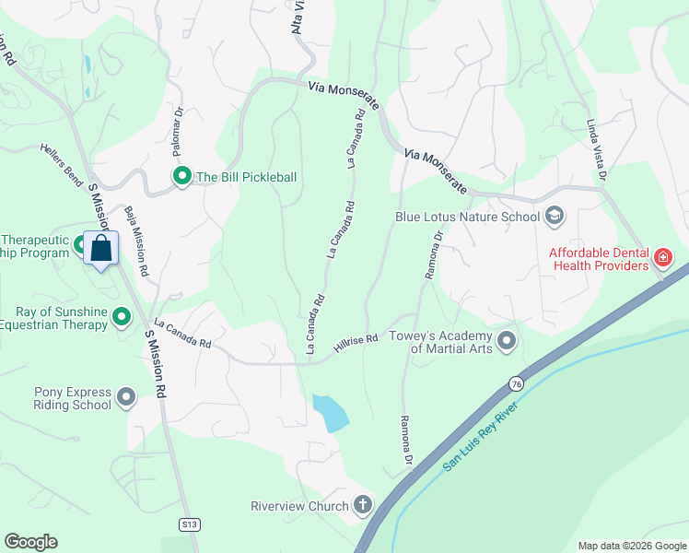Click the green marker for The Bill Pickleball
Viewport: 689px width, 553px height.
tap(182, 176)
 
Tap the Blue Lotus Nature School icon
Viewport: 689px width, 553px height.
tap(555, 217)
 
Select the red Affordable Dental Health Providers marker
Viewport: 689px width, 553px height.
tap(662, 257)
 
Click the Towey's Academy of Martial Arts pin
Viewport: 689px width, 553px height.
tap(507, 342)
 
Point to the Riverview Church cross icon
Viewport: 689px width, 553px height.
tap(363, 505)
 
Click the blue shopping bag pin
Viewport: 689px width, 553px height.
tap(101, 248)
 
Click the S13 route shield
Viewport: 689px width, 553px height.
tap(189, 524)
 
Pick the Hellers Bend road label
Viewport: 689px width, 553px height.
tap(62, 165)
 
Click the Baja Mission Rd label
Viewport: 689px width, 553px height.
tap(136, 241)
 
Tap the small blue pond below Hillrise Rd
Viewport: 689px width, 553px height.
tap(331, 412)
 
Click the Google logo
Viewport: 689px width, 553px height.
tap(30, 542)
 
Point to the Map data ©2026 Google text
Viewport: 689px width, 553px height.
tap(631, 546)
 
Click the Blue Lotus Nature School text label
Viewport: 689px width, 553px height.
tap(467, 218)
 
